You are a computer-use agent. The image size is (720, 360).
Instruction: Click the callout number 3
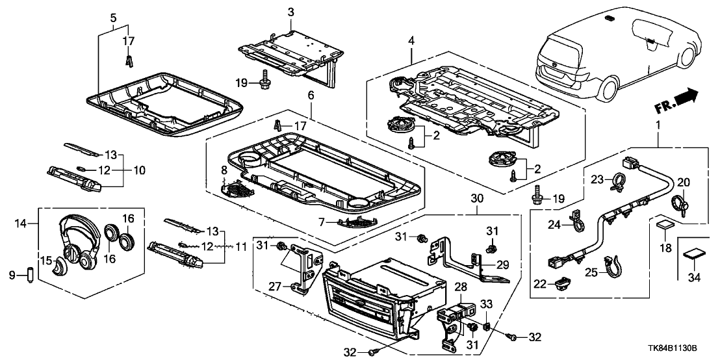point(291,11)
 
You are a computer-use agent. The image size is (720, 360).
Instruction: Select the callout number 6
point(310,96)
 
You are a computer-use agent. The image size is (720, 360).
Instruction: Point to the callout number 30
point(476,198)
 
